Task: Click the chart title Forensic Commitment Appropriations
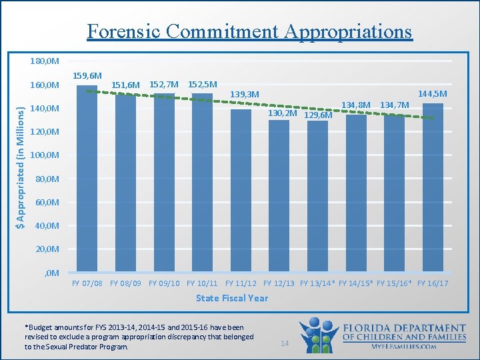tap(249, 31)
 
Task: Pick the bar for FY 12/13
tap(279, 196)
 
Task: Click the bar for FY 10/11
tap(202, 183)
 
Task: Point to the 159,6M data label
tap(87, 76)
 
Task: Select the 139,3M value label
tap(244, 95)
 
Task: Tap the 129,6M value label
tap(318, 115)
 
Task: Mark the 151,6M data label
tap(126, 85)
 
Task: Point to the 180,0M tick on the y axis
tap(45, 61)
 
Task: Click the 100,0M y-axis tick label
tap(45, 155)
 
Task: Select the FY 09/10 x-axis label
tap(164, 283)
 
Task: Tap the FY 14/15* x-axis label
tap(356, 283)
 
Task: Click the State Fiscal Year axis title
tap(232, 298)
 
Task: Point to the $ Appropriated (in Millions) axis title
tap(21, 167)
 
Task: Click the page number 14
tap(284, 343)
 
